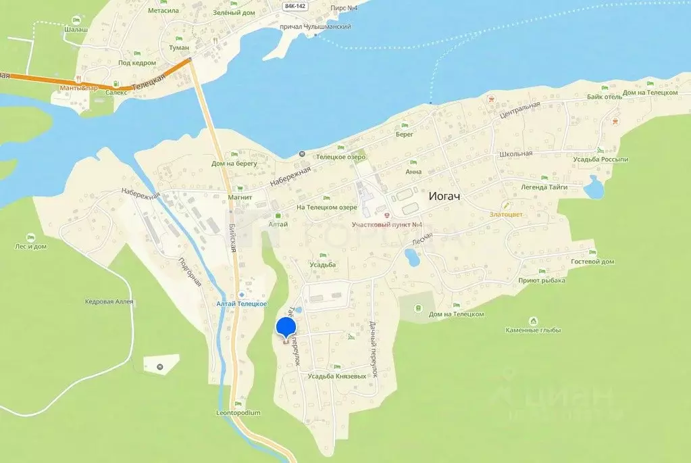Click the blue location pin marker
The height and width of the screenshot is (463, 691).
tap(286, 328)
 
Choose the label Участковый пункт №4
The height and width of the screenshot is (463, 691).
tap(387, 224)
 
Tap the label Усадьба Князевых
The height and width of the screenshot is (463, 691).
tap(336, 376)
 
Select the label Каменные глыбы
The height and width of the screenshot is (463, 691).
tap(533, 331)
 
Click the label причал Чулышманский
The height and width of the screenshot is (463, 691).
tap(319, 26)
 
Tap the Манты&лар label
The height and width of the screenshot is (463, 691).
tap(80, 88)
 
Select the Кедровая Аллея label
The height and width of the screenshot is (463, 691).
tap(109, 301)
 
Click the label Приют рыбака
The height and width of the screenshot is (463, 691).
tap(542, 280)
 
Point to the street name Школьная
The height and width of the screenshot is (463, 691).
tap(517, 153)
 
